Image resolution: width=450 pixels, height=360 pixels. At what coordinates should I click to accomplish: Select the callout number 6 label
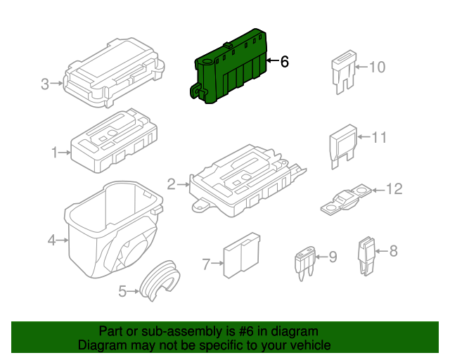tap(284, 62)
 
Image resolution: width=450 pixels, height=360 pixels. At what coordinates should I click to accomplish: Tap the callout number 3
tap(45, 84)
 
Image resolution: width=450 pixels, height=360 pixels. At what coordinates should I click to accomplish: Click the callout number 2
tap(171, 185)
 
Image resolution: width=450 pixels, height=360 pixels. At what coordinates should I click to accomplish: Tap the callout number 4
tap(51, 241)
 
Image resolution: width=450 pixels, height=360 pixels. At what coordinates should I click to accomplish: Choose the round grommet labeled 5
tap(158, 281)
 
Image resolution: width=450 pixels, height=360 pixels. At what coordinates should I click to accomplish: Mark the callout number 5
tap(122, 290)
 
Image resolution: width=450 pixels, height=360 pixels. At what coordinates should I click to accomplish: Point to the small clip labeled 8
tap(366, 254)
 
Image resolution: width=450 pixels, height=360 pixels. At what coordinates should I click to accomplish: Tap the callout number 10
tap(378, 67)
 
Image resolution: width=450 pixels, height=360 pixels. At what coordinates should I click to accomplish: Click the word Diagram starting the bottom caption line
tap(100, 345)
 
